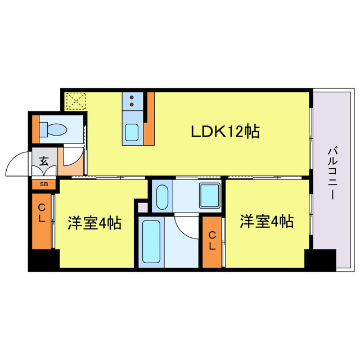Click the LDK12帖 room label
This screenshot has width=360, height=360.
[x=224, y=132]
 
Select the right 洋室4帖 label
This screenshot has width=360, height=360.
[x=267, y=222]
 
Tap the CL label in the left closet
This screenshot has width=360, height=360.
[x=42, y=214]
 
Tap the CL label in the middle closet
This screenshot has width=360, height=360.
[x=212, y=241]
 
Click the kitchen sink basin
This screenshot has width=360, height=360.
[x=133, y=132]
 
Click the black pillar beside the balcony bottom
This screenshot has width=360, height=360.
[x=319, y=259]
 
